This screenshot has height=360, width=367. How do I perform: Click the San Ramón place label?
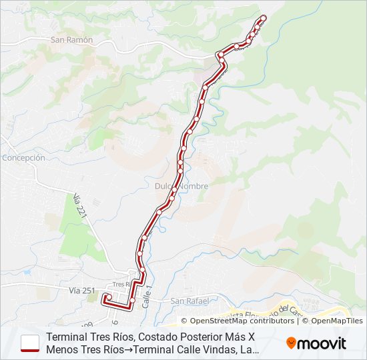coord(71,40)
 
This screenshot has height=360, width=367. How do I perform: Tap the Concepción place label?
coord(23,158)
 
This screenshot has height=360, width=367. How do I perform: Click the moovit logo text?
coord(322,343)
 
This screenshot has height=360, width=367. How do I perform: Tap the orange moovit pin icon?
coord(292,343)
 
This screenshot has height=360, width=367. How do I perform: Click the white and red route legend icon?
coord(30,343)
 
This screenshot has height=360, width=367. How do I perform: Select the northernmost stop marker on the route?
coord(263,18)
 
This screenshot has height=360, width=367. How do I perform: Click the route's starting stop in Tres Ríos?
coord(107,296)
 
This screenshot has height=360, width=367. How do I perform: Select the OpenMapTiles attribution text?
coord(336,321)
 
